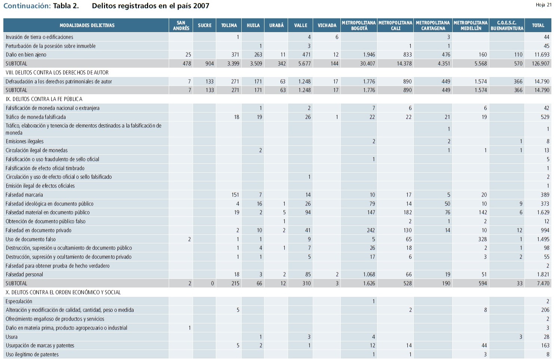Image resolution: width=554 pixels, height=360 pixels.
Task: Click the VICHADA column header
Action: [327, 25]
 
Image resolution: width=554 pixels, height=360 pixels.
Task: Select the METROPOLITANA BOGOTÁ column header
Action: [359, 25]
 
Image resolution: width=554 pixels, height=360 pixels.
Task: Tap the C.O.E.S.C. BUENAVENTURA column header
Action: [507, 25]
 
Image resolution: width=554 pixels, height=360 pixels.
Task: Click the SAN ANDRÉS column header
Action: [181, 25]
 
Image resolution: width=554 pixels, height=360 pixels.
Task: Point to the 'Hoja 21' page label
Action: [543, 5]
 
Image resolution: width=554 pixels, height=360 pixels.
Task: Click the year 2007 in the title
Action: [201, 6]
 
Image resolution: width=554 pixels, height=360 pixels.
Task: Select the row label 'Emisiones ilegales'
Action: [25, 141]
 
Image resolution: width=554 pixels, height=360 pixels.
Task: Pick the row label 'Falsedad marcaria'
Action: [24, 195]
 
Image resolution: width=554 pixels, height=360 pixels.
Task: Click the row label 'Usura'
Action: [12, 337]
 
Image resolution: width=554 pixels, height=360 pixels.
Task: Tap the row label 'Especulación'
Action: [19, 301]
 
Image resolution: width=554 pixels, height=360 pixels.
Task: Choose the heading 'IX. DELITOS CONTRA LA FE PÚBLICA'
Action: [44, 99]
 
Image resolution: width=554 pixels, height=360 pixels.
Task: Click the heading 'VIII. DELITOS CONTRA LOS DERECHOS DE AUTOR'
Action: [57, 73]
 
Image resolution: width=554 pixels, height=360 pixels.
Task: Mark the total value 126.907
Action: [541, 64]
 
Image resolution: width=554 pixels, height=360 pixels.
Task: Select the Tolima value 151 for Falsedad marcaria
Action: [235, 195]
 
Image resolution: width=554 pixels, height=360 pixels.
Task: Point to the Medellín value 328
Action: [483, 239]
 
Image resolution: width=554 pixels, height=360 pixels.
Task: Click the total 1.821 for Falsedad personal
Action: [543, 274]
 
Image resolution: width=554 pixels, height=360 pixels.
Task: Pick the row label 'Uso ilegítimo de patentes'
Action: [32, 354]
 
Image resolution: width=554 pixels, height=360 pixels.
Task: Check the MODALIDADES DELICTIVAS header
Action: [87, 25]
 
